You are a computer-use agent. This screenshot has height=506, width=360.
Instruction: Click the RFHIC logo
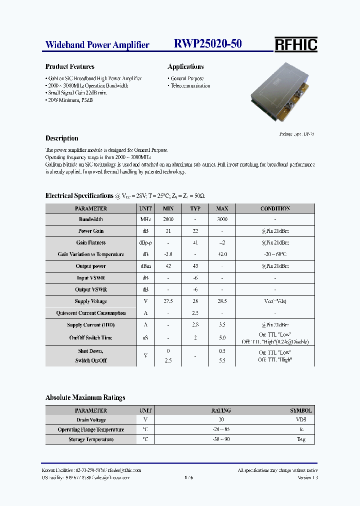click(295, 45)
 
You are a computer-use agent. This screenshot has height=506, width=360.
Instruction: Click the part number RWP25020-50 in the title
click(208, 44)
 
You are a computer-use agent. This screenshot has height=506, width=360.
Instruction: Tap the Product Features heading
click(70, 66)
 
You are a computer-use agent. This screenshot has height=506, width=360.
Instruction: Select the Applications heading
click(185, 66)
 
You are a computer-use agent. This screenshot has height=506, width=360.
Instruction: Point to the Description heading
click(62, 138)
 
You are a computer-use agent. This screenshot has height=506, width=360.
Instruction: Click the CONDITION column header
click(275, 208)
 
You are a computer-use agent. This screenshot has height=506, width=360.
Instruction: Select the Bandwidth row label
click(91, 219)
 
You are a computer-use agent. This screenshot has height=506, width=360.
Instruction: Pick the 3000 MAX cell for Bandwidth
click(222, 219)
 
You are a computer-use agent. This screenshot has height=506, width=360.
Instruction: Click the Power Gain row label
click(91, 231)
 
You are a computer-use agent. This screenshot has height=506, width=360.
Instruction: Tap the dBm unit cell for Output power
click(145, 266)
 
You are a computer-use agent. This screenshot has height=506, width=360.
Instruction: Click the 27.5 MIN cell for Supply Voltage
click(168, 301)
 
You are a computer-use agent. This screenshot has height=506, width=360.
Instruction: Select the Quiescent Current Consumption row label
click(91, 313)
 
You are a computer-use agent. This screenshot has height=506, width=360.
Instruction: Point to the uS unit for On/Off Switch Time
click(145, 338)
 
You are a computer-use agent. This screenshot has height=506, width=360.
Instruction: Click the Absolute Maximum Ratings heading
click(85, 397)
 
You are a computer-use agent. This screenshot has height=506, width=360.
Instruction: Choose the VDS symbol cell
click(301, 420)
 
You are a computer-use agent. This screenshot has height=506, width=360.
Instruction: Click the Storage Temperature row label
click(91, 439)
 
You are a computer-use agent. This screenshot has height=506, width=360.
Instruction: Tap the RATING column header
click(221, 410)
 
